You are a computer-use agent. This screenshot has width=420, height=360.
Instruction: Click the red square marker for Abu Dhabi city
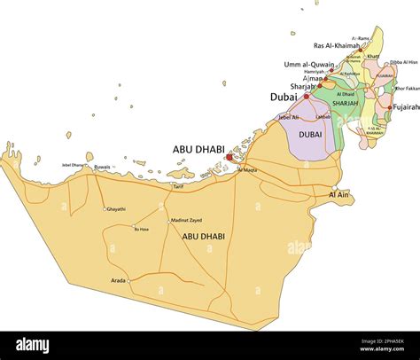coord(229,157)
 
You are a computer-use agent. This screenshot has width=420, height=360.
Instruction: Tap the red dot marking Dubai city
coord(307,96)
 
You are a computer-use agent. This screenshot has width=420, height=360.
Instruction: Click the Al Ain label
coord(338,193)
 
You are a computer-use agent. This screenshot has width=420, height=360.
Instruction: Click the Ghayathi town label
coord(115,209)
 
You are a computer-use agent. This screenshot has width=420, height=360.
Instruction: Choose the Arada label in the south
coord(117,280)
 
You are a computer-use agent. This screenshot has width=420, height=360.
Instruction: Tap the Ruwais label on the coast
coord(103,166)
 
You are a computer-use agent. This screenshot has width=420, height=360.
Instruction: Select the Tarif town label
coord(178,186)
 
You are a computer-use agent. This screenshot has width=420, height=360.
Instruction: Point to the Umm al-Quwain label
coord(308,65)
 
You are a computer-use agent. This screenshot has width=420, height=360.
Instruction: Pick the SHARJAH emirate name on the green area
coord(346,103)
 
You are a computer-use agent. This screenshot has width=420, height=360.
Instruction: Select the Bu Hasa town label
coord(141,229)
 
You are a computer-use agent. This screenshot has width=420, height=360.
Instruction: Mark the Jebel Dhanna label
coord(74,165)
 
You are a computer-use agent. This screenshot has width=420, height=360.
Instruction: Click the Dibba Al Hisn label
coord(404,62)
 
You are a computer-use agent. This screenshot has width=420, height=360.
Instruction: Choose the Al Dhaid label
coord(345,93)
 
